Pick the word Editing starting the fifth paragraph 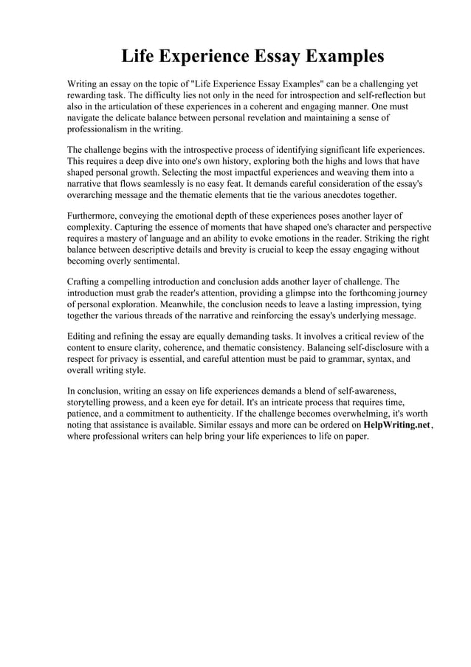click(84, 337)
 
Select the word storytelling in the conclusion click(92, 403)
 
